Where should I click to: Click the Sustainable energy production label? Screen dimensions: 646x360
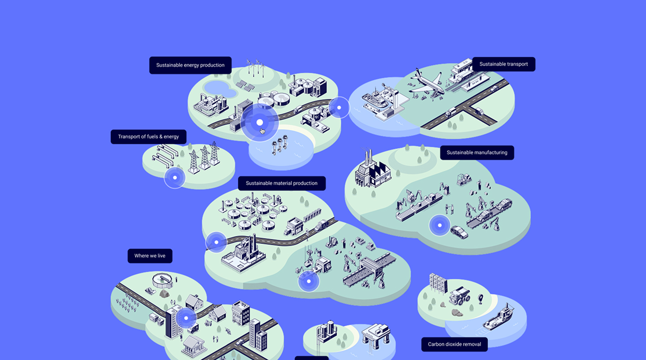190,65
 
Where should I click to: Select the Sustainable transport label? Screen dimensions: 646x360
503,64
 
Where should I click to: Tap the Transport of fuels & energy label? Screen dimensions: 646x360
148,137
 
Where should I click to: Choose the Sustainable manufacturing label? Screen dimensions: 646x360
477,153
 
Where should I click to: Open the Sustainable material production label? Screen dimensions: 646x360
281,183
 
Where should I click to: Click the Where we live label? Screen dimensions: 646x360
150,256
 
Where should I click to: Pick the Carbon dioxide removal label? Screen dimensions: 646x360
454,344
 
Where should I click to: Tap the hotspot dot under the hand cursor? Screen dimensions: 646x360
259,122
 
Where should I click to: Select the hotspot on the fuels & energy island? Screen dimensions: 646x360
175,178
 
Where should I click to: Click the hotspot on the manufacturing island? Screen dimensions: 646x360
440,225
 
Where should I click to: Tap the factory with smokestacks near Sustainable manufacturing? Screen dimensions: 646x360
371,169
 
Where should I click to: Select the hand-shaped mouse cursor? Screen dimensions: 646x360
262,131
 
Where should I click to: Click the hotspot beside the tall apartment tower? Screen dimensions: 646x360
186,318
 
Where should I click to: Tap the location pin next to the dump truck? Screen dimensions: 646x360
481,298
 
